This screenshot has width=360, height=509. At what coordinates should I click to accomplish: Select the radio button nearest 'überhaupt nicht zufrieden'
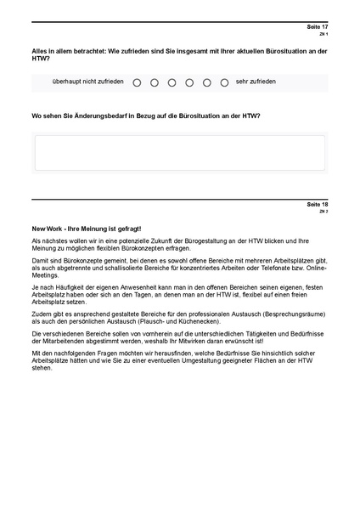click(x=137, y=82)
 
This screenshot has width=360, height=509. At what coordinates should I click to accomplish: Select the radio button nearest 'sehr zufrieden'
click(x=224, y=82)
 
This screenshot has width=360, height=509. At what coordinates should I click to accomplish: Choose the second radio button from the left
click(x=155, y=82)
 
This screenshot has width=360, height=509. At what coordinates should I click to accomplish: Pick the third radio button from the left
click(x=172, y=82)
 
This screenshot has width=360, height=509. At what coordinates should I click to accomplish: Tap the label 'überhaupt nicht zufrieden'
click(x=87, y=82)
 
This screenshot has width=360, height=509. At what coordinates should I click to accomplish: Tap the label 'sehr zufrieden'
click(x=256, y=82)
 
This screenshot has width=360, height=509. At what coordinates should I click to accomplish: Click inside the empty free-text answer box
click(x=179, y=153)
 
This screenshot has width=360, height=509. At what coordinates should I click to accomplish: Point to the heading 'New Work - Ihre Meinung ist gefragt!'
click(x=87, y=229)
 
